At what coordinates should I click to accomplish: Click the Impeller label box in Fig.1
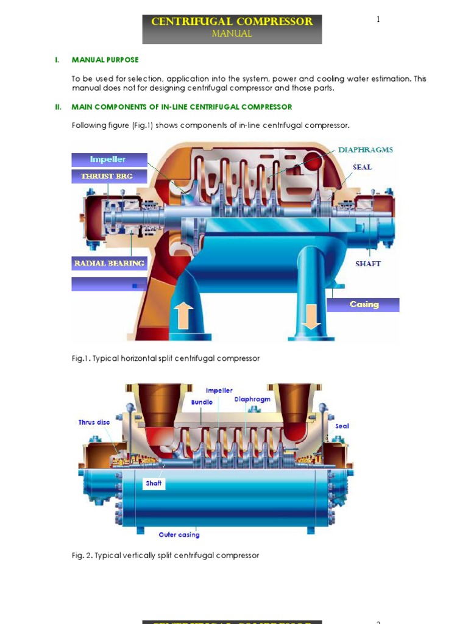[108, 160]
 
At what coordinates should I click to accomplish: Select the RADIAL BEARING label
[110, 263]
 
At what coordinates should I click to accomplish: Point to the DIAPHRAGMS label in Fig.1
[366, 150]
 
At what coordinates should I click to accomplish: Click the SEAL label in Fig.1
[362, 167]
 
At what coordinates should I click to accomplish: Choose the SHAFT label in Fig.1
[368, 264]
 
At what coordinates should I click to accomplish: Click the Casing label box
[364, 305]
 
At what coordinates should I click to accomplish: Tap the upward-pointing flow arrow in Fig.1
[183, 315]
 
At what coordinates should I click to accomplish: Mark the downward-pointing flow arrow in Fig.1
[311, 315]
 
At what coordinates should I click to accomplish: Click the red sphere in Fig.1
[316, 162]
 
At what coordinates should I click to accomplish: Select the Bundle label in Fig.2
[202, 403]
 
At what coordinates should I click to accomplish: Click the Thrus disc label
[94, 422]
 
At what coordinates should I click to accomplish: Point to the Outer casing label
[179, 535]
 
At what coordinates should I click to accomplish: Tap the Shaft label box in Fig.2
[154, 483]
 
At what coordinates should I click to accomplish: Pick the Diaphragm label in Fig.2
[252, 400]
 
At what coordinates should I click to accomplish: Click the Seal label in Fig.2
[342, 426]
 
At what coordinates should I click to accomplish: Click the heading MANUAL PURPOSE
[105, 60]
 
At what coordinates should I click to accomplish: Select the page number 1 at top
[378, 19]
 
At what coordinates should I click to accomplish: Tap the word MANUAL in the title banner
[232, 34]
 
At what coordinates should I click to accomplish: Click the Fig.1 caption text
[166, 358]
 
